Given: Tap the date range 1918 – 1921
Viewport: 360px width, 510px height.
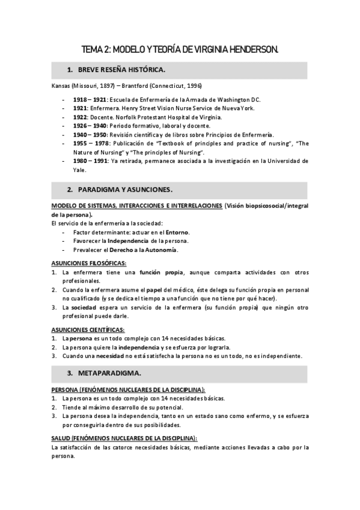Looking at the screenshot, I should pos(90,99).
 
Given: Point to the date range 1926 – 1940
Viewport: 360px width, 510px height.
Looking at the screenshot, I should pos(90,126).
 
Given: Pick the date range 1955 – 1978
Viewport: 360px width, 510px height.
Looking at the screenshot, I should pos(91,144).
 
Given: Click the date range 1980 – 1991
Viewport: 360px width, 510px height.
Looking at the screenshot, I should pos(90,161).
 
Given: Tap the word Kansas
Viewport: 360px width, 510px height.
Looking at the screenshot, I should pos(61,86).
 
